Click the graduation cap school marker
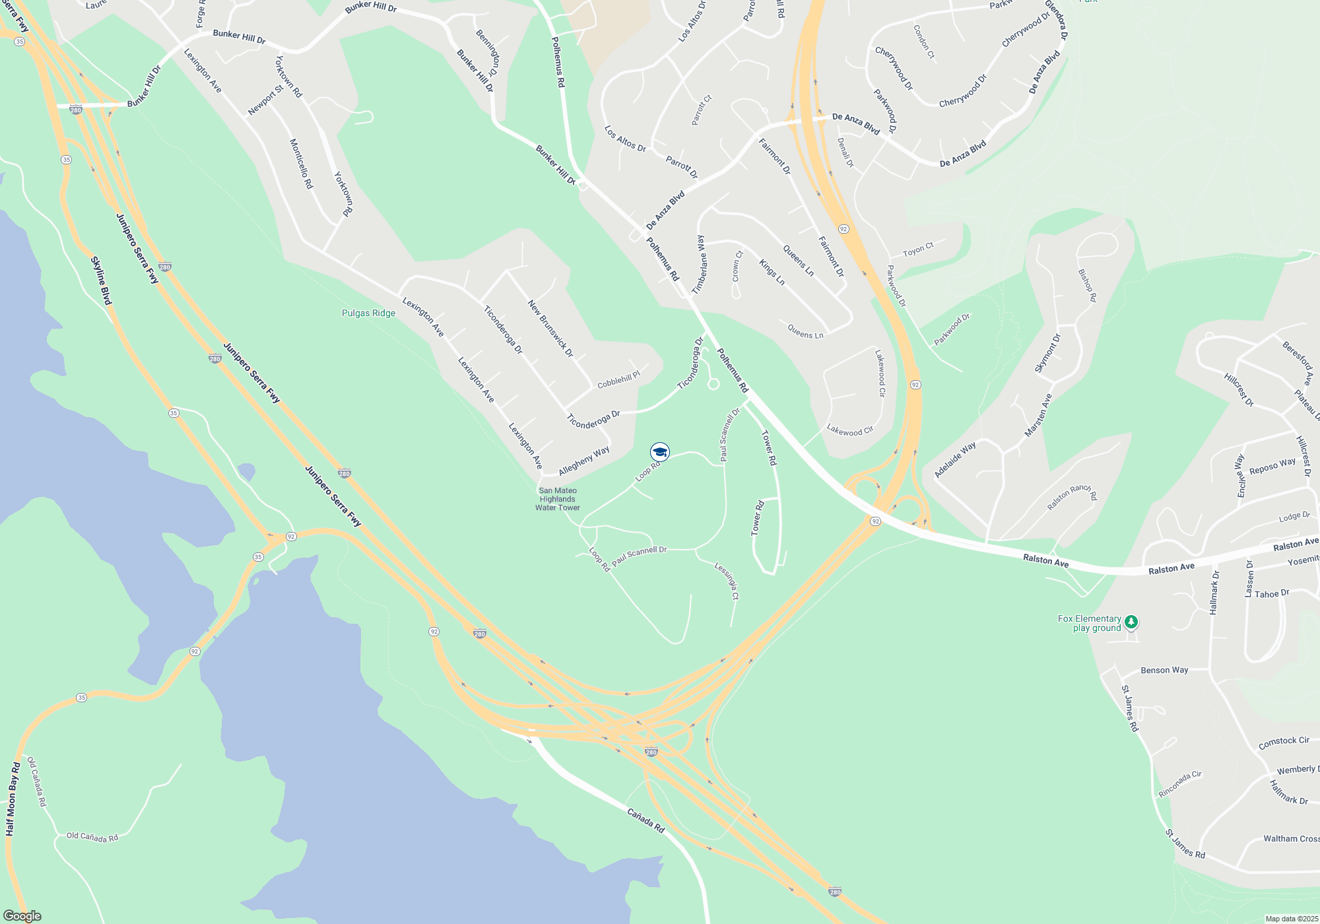[x=660, y=452]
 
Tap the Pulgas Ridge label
[x=368, y=313]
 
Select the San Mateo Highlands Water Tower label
[x=558, y=499]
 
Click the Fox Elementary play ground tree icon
[x=1131, y=622]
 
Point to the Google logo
[x=22, y=916]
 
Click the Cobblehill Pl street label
[x=618, y=379]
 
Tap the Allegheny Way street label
[x=584, y=461]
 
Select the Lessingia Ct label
[x=727, y=581]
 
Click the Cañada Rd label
[x=645, y=820]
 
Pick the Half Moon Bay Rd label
[x=13, y=799]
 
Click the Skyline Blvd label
[x=101, y=280]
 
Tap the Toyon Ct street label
[x=918, y=249]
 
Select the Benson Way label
[x=1164, y=670]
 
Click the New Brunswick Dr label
[x=550, y=329]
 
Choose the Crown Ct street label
[x=737, y=266]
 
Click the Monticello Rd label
[x=301, y=164]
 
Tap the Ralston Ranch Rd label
[x=1072, y=496]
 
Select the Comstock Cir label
[x=1284, y=742]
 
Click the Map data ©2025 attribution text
[x=1292, y=919]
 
